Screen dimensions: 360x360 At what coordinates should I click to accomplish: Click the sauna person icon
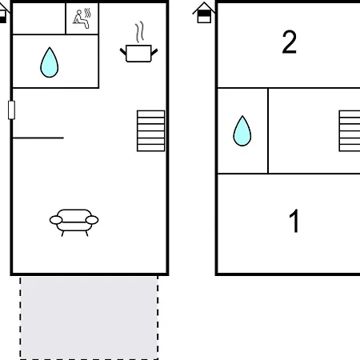[81, 19]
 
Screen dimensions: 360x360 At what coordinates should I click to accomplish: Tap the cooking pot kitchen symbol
[138, 54]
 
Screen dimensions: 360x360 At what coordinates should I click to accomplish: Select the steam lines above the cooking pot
[139, 32]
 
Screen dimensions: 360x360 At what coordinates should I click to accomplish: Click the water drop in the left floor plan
[50, 62]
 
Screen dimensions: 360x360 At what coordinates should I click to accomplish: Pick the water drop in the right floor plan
[242, 131]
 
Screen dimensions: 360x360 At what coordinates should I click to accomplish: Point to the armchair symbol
[74, 222]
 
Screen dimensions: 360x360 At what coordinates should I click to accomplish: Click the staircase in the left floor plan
[150, 131]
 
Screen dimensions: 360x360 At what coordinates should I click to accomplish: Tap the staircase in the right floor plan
[350, 131]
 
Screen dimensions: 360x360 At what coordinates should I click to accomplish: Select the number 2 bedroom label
[290, 42]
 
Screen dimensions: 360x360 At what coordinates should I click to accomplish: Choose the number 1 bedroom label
[294, 221]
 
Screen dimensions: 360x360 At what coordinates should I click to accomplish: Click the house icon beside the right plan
[204, 13]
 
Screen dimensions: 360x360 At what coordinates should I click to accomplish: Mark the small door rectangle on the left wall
[11, 110]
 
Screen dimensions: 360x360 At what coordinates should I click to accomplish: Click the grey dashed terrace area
[89, 318]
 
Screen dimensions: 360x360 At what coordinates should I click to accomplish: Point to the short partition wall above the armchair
[38, 138]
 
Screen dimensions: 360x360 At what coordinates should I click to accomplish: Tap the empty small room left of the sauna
[39, 18]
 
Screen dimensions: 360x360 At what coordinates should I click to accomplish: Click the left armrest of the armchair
[56, 220]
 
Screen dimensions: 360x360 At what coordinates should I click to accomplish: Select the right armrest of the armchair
[92, 220]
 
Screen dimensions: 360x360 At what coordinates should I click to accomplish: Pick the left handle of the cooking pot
[123, 51]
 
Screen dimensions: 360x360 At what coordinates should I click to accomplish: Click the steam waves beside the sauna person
[88, 14]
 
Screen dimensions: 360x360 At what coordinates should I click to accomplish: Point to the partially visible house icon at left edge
[3, 14]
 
